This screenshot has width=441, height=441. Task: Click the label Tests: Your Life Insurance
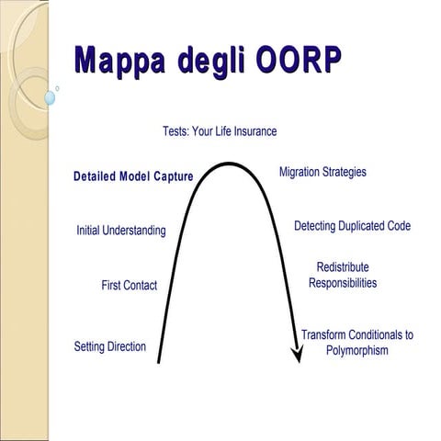click(x=220, y=131)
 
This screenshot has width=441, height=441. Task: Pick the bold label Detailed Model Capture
click(x=133, y=176)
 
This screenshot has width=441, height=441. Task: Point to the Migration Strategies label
click(x=322, y=172)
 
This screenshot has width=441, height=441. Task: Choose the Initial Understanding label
click(x=121, y=231)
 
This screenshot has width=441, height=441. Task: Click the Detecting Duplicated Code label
click(x=352, y=226)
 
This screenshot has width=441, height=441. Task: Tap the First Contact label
click(x=129, y=286)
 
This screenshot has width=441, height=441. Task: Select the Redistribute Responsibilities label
click(x=343, y=275)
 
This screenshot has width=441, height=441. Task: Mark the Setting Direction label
click(x=109, y=346)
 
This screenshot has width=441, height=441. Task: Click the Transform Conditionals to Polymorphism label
click(x=357, y=343)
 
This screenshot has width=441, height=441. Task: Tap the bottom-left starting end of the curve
click(x=160, y=360)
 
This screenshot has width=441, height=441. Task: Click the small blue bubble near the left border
click(x=50, y=96)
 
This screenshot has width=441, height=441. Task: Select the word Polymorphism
click(x=357, y=351)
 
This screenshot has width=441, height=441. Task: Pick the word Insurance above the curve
click(x=253, y=131)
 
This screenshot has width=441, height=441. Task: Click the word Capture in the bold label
click(x=173, y=176)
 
